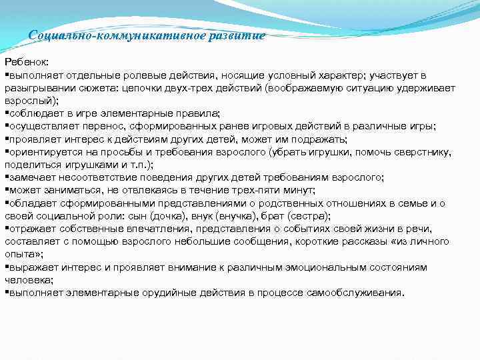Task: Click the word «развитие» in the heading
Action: point(237,35)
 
